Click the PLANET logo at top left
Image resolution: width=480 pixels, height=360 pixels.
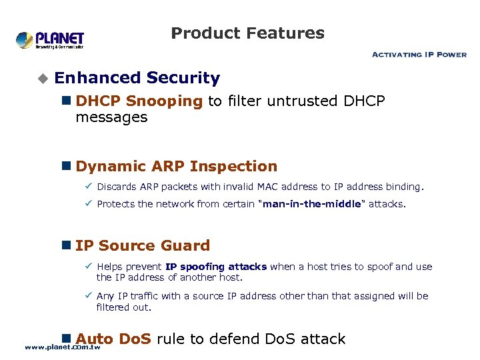50,40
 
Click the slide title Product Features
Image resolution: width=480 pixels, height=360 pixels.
247,33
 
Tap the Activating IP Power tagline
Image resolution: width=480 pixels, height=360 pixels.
419,55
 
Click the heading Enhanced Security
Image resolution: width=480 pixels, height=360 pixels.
137,78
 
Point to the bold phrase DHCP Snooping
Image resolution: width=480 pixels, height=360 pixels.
139,101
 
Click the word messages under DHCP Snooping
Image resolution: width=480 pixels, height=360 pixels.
111,117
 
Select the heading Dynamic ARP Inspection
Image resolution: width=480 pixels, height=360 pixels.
176,166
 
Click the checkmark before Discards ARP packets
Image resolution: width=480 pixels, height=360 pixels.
88,187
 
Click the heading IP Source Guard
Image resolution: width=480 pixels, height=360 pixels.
143,245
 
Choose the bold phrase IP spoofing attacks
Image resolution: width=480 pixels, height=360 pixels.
216,267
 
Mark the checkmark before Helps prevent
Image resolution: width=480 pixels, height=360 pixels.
88,267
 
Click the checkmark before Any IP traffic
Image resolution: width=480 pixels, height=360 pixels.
88,296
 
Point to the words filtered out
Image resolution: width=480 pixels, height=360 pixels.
124,307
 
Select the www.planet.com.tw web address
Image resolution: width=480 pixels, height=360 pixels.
62,347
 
